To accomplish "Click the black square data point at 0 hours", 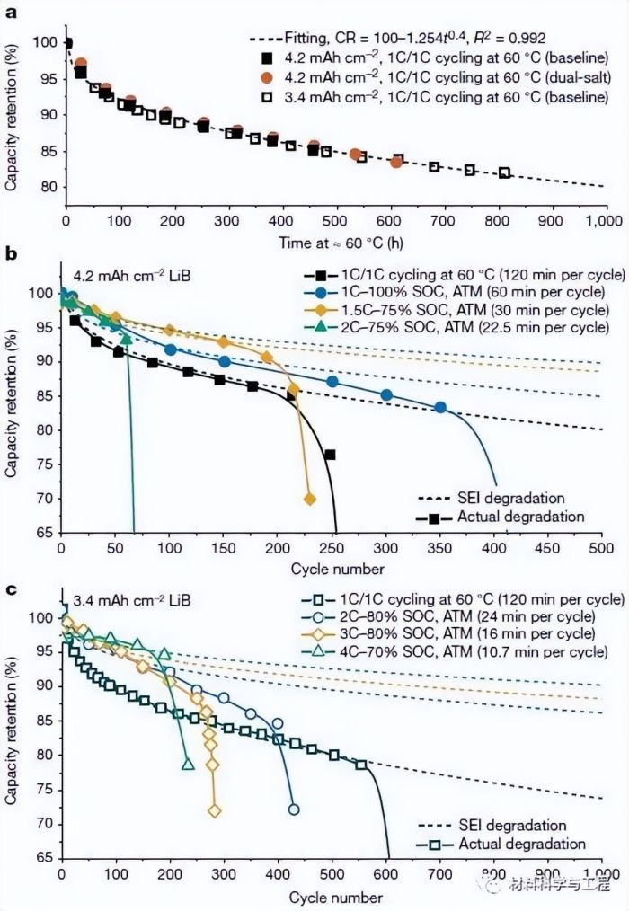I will point(66,43).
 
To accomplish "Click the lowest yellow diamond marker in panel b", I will point(310,499).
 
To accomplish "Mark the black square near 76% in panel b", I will point(330,455).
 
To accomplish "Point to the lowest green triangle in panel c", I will point(188,765).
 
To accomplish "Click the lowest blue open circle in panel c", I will point(293,809).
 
